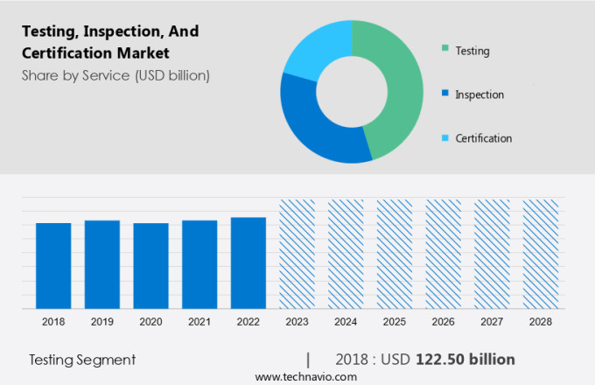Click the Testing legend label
472,51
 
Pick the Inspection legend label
479,94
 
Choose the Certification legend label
483,138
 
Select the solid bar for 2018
53,266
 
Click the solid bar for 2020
150,266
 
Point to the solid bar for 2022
248,263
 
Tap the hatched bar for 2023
297,254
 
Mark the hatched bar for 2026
443,254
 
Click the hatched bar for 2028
540,254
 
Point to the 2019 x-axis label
102,322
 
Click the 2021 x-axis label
199,322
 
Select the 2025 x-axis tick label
394,322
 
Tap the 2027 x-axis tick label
492,322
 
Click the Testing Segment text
82,360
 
